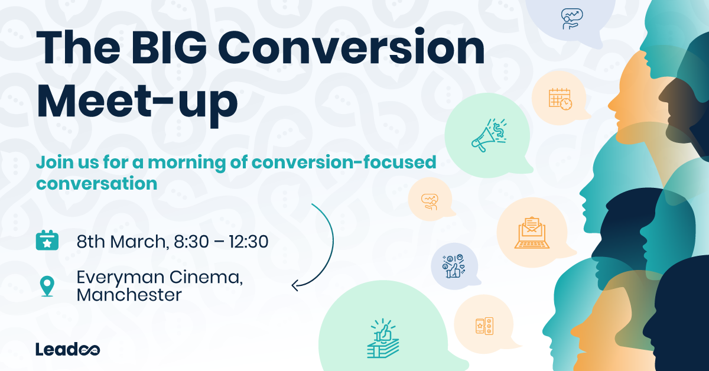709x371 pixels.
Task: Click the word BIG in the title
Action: pos(169,48)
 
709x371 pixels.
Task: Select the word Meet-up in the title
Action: pos(137,102)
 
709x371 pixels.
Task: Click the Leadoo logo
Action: pos(68,349)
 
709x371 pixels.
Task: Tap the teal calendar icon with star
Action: pos(47,240)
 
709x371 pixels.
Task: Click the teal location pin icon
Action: pos(47,287)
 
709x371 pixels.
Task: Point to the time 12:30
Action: pos(249,242)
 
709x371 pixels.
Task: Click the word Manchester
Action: pos(129,295)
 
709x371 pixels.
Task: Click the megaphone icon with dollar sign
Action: pos(489,135)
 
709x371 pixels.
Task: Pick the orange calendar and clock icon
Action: pos(560,99)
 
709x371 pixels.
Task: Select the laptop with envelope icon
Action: pos(532,233)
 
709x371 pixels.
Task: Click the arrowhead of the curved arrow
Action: pos(295,285)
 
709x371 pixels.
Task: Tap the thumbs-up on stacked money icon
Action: pos(383,339)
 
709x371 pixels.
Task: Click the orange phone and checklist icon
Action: pos(484,326)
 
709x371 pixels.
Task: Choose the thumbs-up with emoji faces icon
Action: pos(454,266)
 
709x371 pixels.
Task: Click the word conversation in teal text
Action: pos(96,184)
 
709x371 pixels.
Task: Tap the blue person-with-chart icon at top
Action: pos(572,19)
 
